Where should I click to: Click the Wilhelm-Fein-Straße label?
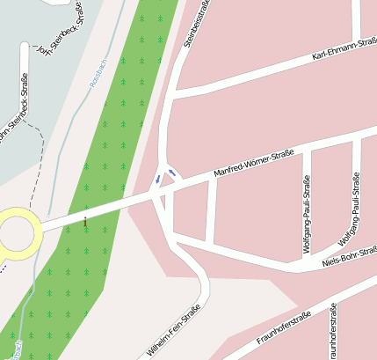point(169,333)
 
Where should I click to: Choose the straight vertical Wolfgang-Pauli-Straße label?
point(307,214)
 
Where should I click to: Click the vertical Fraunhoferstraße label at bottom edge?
point(334,334)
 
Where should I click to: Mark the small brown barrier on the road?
point(85,221)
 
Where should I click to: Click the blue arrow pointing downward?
point(158,179)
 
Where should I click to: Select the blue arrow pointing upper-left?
point(171,173)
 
